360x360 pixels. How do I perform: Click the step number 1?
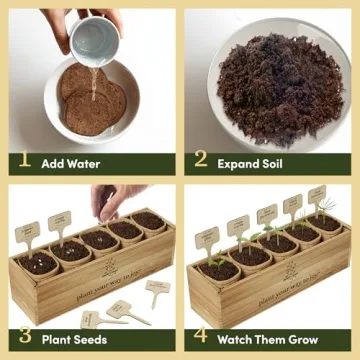[25, 160]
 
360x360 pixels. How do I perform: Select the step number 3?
[25, 338]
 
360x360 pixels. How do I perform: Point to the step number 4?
[201, 338]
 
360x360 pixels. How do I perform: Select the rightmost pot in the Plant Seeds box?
[150, 221]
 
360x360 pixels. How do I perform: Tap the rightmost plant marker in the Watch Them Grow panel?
[316, 194]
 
